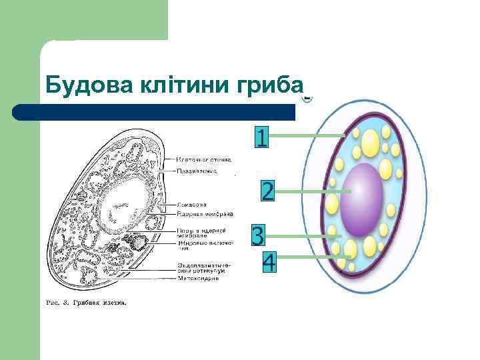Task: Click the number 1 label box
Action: pyautogui.click(x=262, y=137)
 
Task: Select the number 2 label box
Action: pyautogui.click(x=267, y=192)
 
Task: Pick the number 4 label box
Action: pyautogui.click(x=269, y=262)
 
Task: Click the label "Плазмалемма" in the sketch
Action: pyautogui.click(x=196, y=171)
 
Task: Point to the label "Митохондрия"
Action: pyautogui.click(x=198, y=279)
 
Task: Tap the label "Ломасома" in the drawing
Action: pyautogui.click(x=192, y=204)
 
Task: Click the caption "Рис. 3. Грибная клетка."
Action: pyautogui.click(x=85, y=302)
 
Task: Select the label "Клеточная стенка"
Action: pyautogui.click(x=204, y=160)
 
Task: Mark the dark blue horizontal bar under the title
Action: pyautogui.click(x=153, y=112)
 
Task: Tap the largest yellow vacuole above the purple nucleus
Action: pyautogui.click(x=371, y=143)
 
